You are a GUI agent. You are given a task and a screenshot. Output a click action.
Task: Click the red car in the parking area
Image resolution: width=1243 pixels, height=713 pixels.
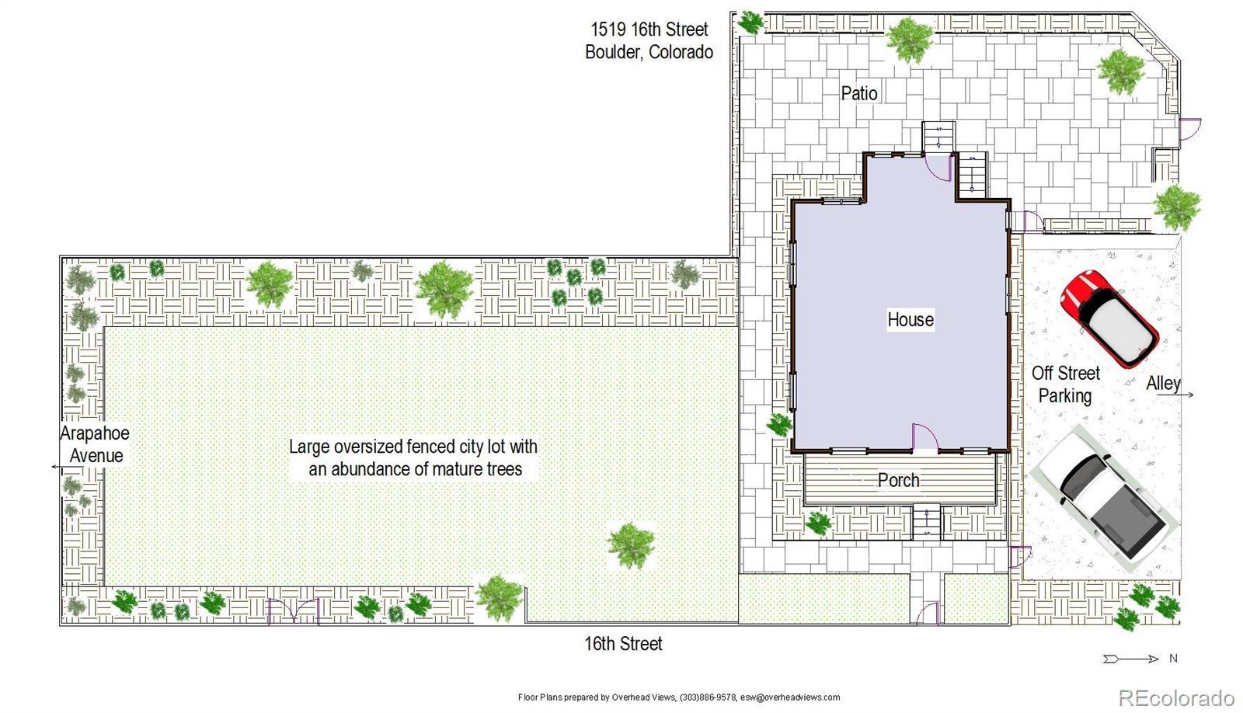pos(1109,319)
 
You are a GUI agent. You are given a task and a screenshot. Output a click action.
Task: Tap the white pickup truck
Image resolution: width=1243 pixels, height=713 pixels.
pos(1104,498)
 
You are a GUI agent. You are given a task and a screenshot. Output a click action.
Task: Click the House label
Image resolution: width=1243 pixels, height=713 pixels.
pos(910,319)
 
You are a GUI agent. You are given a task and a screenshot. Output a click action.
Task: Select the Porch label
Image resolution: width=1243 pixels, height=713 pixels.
pos(898,480)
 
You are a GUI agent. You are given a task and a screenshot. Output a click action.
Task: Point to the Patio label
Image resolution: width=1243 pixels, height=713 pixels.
pos(859,93)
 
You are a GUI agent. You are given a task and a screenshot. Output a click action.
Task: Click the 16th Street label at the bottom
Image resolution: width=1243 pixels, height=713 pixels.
pos(623,644)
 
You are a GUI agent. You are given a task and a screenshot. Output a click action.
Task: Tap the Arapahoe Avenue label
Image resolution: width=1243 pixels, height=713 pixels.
pos(96,444)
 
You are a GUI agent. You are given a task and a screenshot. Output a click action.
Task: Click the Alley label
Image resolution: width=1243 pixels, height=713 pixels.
pos(1163,384)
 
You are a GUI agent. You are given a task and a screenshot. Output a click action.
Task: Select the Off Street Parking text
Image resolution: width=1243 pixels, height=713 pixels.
pos(1065,384)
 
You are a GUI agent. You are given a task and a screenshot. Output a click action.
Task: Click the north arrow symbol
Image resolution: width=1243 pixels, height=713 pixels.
pos(1130,659)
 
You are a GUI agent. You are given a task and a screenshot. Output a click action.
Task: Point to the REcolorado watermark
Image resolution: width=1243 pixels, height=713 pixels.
pos(1176,697)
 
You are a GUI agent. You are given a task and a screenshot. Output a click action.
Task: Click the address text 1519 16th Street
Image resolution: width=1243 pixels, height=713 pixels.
pos(649,29)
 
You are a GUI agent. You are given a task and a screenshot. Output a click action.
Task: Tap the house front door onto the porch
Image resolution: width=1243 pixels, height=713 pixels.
pos(925,437)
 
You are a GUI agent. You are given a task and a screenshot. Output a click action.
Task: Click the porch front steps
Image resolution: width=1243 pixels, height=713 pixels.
pos(927,522)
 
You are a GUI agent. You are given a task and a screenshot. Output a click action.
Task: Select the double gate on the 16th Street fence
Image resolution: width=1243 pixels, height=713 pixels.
pos(294,611)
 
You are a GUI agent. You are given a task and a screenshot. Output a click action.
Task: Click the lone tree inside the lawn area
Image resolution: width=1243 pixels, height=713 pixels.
pos(631,546)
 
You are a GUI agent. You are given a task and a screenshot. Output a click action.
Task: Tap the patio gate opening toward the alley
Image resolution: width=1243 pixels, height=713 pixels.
pos(1189,129)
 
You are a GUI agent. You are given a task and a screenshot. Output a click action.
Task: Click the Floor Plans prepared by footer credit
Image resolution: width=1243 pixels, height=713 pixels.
pos(679,697)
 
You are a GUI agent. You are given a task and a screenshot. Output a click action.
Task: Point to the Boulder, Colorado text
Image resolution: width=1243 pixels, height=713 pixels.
pos(649,51)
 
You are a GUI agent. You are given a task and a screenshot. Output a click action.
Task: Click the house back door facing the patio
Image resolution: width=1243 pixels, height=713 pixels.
pos(938,167)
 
